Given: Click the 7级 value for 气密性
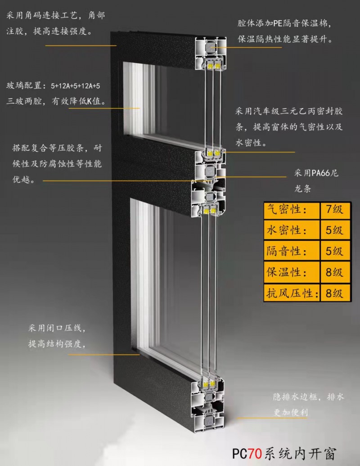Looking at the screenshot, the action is click(x=334, y=209).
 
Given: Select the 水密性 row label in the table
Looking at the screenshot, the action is click(x=283, y=231).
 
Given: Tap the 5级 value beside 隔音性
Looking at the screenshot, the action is click(x=334, y=251).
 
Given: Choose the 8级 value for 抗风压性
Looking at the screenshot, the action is click(x=334, y=293).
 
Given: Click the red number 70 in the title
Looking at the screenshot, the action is click(x=255, y=454).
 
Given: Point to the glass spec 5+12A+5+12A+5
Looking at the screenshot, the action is click(x=76, y=86).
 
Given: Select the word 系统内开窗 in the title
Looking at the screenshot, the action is click(x=300, y=454).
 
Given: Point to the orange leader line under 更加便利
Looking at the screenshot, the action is click(x=271, y=418).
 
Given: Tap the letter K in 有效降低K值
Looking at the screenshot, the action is click(x=89, y=102).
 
